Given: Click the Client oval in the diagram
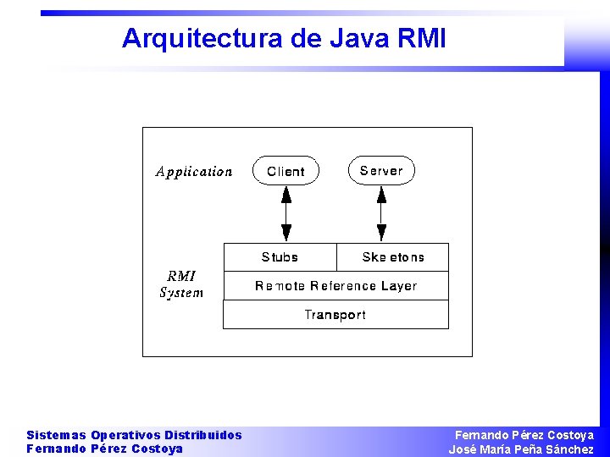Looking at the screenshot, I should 286,171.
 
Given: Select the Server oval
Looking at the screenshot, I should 381,170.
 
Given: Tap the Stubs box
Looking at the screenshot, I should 280,257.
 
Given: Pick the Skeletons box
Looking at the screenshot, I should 392,257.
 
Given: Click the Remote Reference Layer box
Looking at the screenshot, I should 335,286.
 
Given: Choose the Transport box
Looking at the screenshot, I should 335,315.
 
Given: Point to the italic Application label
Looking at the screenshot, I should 194,172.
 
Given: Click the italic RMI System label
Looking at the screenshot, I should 181,284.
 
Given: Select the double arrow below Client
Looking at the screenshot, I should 286,213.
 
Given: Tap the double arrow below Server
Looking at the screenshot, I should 381,213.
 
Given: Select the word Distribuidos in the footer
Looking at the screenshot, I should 203,435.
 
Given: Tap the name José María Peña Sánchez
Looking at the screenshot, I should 521,449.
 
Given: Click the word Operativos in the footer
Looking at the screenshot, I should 125,435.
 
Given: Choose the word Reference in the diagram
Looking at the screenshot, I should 343,286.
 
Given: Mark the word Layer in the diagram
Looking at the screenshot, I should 399,286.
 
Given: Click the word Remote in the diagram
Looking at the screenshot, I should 280,286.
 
